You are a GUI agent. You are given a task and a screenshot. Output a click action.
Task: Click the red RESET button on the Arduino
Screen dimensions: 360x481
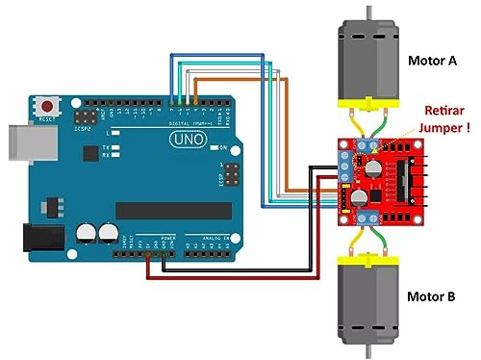(46, 104)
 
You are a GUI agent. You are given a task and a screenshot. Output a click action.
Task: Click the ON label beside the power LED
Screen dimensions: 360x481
(223, 147)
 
